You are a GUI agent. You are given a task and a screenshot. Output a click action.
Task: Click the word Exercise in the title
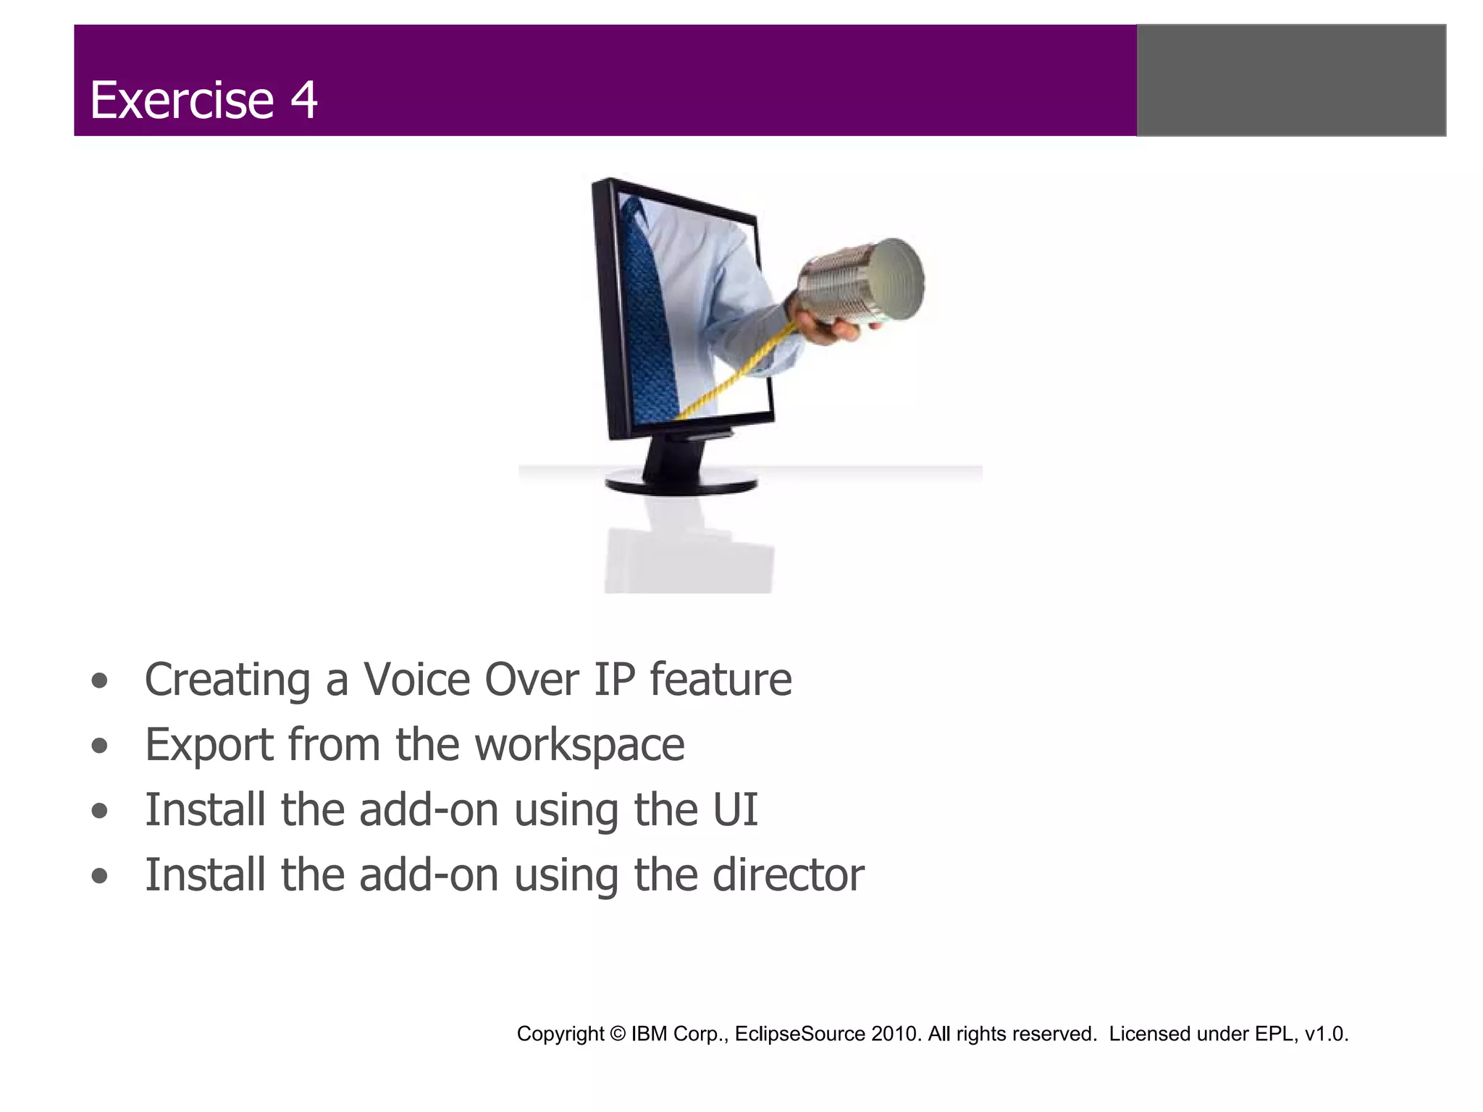pyautogui.click(x=181, y=100)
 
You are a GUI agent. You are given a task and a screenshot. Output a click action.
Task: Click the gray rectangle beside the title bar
pyautogui.click(x=1291, y=80)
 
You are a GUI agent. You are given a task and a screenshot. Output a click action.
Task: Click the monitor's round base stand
pyautogui.click(x=681, y=481)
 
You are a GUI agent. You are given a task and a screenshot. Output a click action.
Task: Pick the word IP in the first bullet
pyautogui.click(x=614, y=680)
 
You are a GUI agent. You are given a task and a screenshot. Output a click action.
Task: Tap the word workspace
pyautogui.click(x=579, y=745)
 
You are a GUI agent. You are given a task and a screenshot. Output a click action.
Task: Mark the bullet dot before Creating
pyautogui.click(x=100, y=681)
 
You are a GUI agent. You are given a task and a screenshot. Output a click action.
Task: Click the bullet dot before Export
pyautogui.click(x=100, y=746)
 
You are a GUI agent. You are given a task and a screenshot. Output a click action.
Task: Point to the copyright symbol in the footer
pyautogui.click(x=617, y=1034)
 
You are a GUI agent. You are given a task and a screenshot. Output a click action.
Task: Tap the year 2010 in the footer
pyautogui.click(x=896, y=1034)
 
